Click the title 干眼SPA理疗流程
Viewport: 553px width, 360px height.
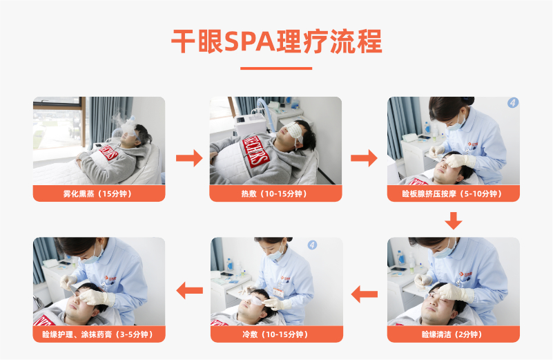(x=276, y=41)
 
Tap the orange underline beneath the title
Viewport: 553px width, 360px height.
(x=276, y=68)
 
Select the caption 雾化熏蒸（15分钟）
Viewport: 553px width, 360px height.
(x=99, y=193)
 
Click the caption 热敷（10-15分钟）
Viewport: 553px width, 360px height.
(x=275, y=193)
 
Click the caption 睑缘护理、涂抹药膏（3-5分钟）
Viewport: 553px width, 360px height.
(x=99, y=334)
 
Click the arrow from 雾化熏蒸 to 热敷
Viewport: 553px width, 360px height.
(x=189, y=158)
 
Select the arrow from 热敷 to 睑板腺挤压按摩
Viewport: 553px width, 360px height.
(x=364, y=158)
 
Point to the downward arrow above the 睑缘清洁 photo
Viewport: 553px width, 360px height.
(x=453, y=220)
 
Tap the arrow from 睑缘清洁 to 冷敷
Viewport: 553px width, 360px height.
(x=365, y=294)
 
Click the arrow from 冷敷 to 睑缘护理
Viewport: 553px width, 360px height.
(x=189, y=291)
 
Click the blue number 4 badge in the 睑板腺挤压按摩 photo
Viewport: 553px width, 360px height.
(x=513, y=103)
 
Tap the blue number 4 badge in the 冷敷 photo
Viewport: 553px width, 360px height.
(x=312, y=245)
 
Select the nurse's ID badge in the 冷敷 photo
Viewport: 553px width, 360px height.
(x=279, y=291)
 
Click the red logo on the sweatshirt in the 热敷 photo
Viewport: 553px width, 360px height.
(x=256, y=151)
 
